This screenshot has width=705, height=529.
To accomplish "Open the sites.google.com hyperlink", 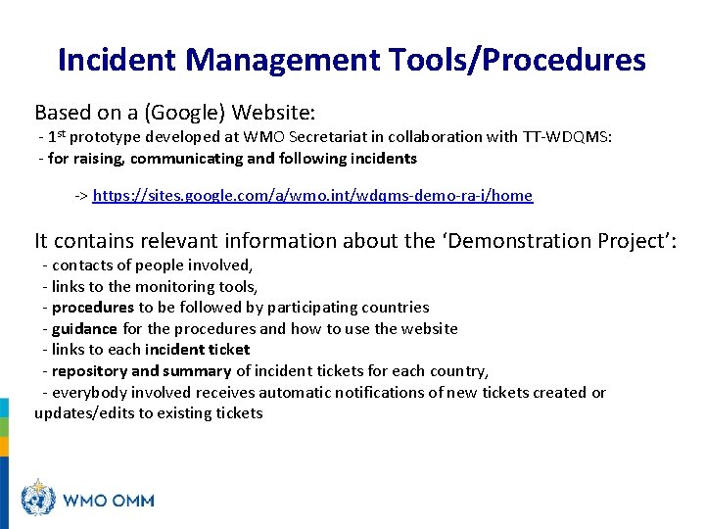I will (312, 196).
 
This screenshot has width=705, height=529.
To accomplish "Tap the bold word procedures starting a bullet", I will (93, 308).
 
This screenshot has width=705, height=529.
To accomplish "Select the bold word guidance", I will (84, 328).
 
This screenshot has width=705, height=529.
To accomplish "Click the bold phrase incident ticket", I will (197, 349).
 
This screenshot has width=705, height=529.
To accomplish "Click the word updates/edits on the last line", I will (84, 412).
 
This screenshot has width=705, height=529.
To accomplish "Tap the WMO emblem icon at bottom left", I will (39, 500).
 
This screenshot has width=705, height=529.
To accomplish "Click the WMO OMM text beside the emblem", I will (109, 501).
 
